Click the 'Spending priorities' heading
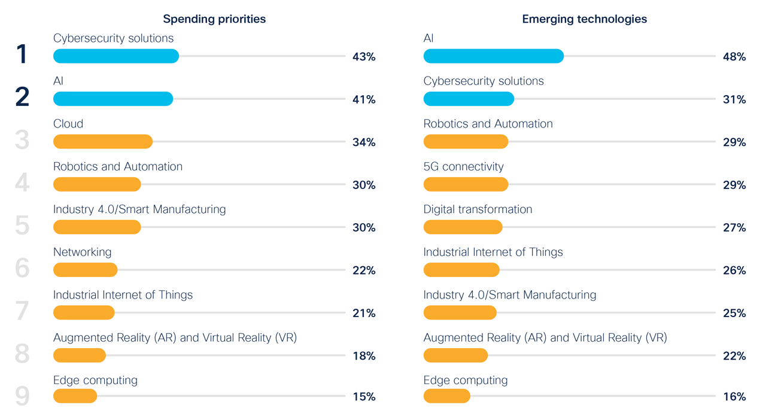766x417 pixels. click(x=214, y=19)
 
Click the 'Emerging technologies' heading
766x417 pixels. click(x=584, y=19)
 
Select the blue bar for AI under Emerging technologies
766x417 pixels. click(x=493, y=56)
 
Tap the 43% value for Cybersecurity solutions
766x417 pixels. click(x=364, y=57)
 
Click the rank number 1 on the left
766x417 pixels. click(x=22, y=54)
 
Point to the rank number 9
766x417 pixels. click(x=22, y=396)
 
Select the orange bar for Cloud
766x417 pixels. click(x=103, y=142)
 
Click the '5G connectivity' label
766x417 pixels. click(x=463, y=166)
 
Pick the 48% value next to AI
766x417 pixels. click(x=734, y=57)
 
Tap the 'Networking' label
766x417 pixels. click(x=82, y=252)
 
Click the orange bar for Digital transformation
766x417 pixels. click(x=463, y=227)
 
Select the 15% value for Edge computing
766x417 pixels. click(x=364, y=397)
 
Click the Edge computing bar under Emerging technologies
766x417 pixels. click(x=446, y=396)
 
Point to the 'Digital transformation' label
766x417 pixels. click(x=478, y=209)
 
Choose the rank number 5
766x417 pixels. click(x=22, y=226)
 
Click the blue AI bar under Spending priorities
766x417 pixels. click(x=113, y=99)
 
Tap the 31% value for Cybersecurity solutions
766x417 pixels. click(x=734, y=100)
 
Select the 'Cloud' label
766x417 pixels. click(x=68, y=124)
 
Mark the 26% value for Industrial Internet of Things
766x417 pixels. click(x=734, y=270)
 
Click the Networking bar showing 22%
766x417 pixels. click(x=85, y=270)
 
